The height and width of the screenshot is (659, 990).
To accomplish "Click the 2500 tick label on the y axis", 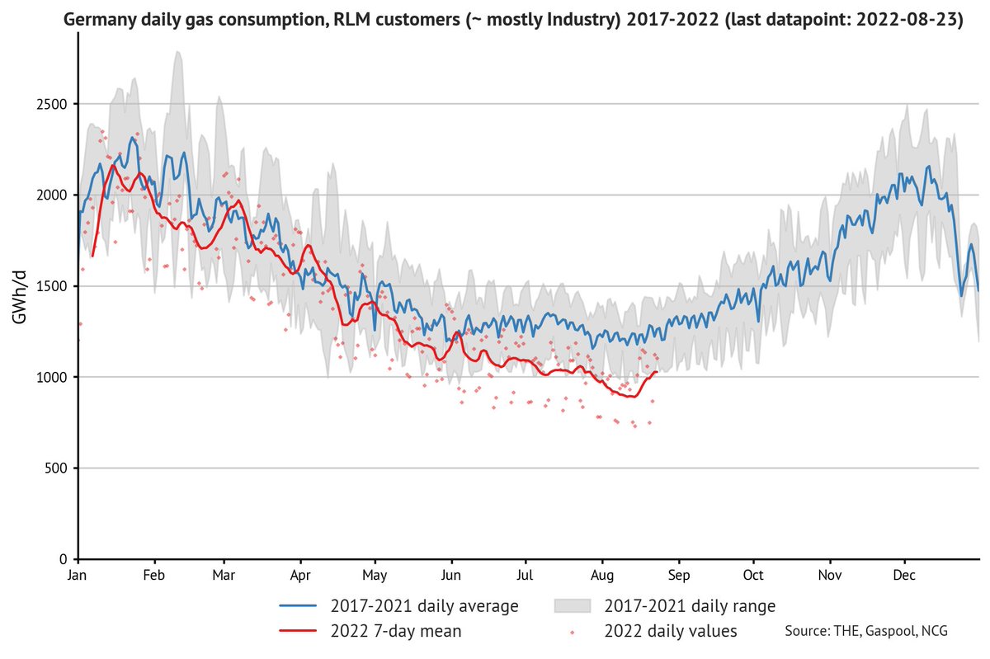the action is coord(52,104).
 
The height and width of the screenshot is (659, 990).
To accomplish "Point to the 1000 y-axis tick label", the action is coord(52,377).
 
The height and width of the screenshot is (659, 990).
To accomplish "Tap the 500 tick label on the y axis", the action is coord(56,468).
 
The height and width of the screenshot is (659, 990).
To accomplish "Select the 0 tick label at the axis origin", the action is coord(64,559).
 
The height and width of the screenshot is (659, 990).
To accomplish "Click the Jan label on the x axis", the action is coord(77,576).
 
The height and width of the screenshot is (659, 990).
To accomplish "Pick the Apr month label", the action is coord(300,576).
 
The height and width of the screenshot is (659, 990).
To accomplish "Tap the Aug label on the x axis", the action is coord(602,576).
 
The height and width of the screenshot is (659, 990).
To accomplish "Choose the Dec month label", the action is coord(904,576).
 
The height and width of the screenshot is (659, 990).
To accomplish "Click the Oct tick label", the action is coord(753,576).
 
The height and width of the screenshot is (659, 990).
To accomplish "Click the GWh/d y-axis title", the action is coord(20,298).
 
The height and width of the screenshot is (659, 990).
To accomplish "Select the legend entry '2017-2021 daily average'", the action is coord(424,606).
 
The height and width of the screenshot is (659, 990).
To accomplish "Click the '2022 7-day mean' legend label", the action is coord(396,631).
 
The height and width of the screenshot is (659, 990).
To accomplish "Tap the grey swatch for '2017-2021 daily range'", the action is coord(573,606).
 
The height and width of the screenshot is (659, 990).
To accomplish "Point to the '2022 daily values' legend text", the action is coord(671,631).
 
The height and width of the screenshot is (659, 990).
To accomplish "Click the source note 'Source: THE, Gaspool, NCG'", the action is coord(866,631).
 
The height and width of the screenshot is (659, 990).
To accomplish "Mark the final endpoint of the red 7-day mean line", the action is coord(658,372).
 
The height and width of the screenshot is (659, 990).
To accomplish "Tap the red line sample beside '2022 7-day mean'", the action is coord(298,631).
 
